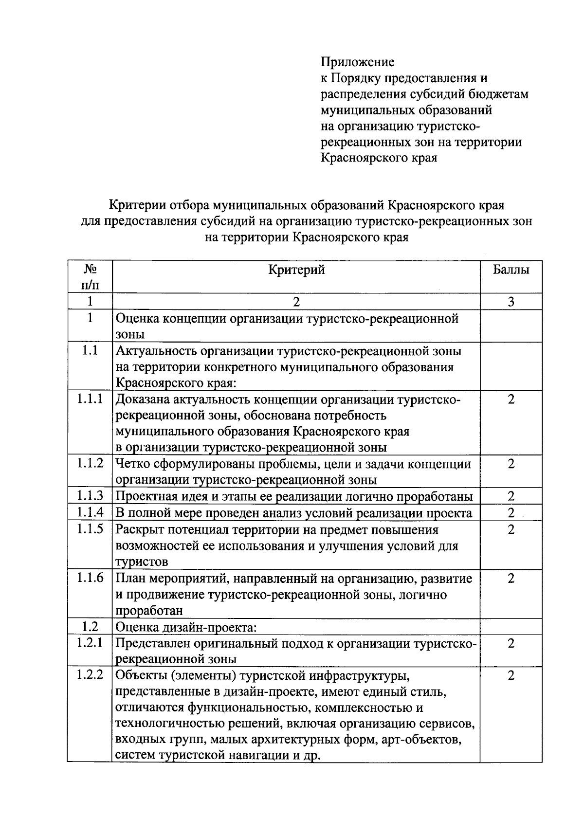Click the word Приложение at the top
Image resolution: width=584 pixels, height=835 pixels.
click(357, 62)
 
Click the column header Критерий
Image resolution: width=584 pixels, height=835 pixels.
click(296, 270)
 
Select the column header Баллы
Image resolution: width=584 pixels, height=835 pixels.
click(511, 270)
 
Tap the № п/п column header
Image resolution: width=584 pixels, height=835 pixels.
click(90, 276)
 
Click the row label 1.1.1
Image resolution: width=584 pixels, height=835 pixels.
click(90, 399)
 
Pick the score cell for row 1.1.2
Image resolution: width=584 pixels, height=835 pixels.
click(511, 464)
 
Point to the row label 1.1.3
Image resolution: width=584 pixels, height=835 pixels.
click(90, 496)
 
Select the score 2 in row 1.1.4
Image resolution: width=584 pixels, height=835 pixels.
click(511, 513)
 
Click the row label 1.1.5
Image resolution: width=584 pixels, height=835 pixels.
click(90, 529)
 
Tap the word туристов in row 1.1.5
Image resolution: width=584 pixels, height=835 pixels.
click(142, 562)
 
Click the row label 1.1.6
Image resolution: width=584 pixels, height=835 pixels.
click(90, 578)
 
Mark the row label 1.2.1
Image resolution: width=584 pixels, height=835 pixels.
click(90, 643)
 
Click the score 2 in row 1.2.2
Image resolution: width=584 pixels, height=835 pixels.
click(511, 675)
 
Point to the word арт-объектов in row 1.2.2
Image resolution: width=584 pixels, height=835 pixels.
click(420, 740)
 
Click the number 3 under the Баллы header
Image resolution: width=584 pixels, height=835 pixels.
click(511, 302)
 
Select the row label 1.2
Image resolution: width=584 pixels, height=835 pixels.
click(90, 626)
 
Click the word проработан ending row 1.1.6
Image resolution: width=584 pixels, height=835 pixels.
click(149, 611)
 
